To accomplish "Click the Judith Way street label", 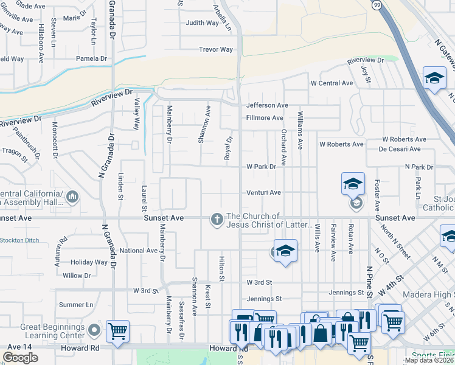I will pos(202,23).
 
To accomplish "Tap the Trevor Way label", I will pos(215,49).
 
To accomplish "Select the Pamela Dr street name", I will pos(91,59).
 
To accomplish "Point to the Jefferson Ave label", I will pos(267,105).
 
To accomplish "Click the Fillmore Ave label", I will pos(265,118).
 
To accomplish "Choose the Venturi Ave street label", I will pos(263,193).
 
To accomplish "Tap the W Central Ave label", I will pos(332,83).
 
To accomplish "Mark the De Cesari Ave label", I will pos(400,148).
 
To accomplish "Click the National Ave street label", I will pos(139,251).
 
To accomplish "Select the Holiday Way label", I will pos(89,263).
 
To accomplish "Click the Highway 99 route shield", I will pos(377,5).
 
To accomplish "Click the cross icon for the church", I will pos(217,220).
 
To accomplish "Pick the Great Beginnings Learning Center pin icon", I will pos(94,330).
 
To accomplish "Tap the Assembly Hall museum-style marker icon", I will pos(72,196).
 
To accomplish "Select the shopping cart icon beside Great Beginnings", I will pos(117,332).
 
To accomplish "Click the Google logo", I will pos(20,357).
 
